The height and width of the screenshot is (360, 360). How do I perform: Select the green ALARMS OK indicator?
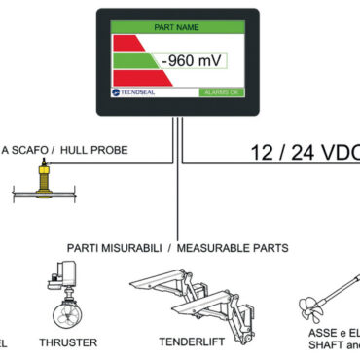(223, 93)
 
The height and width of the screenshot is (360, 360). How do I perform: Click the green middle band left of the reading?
(131, 61)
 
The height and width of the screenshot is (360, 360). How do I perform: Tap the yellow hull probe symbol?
(43, 181)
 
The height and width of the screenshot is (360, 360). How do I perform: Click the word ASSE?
(310, 332)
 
